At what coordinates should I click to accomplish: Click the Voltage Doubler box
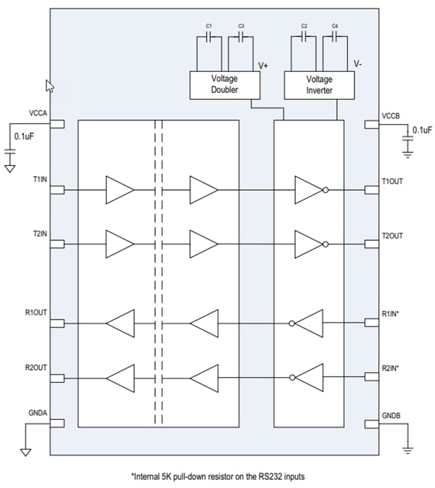pyautogui.click(x=224, y=85)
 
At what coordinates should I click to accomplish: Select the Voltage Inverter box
pyautogui.click(x=319, y=85)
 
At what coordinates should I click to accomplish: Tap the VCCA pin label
pyautogui.click(x=38, y=114)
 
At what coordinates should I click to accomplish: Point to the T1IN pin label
pyautogui.click(x=40, y=179)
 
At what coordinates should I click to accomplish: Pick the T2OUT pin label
pyautogui.click(x=393, y=236)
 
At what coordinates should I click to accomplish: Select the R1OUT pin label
pyautogui.click(x=36, y=313)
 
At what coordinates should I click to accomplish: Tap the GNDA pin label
pyautogui.click(x=38, y=413)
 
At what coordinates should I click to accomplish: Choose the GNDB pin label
pyautogui.click(x=391, y=415)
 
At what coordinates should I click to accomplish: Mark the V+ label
pyautogui.click(x=263, y=65)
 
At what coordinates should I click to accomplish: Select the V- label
pyautogui.click(x=358, y=65)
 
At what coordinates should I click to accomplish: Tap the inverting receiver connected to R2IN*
pyautogui.click(x=307, y=377)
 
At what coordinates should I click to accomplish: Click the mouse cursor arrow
pyautogui.click(x=50, y=86)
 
